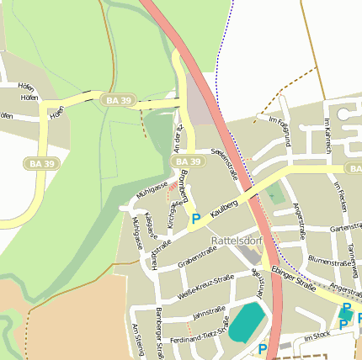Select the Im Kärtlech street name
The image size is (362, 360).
coord(327,135)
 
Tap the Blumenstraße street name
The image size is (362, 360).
coord(330,262)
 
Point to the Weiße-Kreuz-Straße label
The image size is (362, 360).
coord(206,286)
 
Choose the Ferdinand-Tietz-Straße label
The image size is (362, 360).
coord(200,334)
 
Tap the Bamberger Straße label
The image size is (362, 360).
coord(158,333)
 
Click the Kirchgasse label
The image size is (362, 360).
coord(173,214)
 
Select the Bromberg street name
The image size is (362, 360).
coord(185,187)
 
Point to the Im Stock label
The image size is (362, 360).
coord(318,336)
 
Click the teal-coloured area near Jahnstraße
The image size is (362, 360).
coord(247,322)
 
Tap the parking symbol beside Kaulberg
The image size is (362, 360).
coord(196,220)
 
